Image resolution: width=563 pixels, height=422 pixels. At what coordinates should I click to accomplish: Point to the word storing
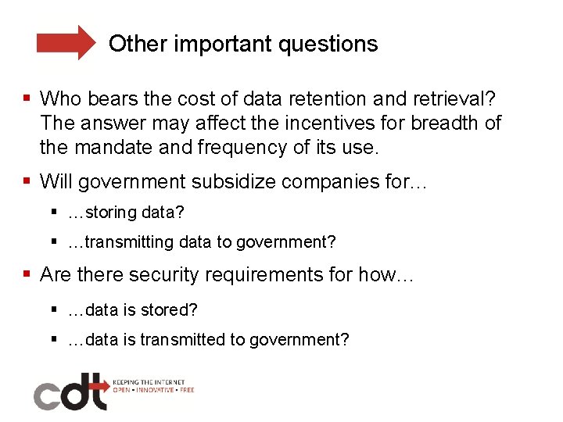click(x=111, y=213)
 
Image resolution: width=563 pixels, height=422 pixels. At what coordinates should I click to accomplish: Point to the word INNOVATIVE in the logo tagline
click(x=154, y=389)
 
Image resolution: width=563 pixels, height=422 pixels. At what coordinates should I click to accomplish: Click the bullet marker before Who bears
click(x=27, y=99)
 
